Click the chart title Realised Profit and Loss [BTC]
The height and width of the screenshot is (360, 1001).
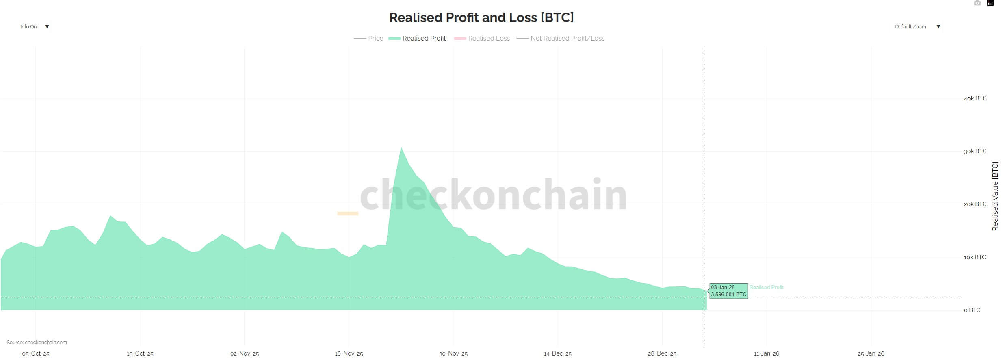tap(481, 17)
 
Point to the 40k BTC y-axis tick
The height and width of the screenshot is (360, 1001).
tap(975, 98)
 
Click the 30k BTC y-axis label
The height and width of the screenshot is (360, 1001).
tap(975, 151)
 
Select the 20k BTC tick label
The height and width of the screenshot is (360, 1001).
tap(975, 204)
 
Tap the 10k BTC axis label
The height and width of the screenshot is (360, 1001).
tap(975, 257)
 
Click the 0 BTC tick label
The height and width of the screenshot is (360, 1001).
tap(972, 310)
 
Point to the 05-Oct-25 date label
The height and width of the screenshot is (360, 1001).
tap(36, 353)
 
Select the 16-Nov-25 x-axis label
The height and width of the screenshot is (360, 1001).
tap(349, 353)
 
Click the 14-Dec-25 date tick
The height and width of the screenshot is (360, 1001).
tap(557, 353)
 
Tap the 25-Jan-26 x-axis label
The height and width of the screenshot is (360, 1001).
tap(871, 353)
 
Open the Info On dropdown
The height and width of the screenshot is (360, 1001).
tap(35, 27)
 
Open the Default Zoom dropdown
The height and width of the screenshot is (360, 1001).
tap(917, 27)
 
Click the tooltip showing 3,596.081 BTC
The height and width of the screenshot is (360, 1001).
tap(728, 291)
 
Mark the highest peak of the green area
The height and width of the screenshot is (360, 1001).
tap(401, 147)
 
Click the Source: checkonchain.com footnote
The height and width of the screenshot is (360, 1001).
tap(37, 343)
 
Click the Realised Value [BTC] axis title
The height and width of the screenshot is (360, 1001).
tap(995, 196)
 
